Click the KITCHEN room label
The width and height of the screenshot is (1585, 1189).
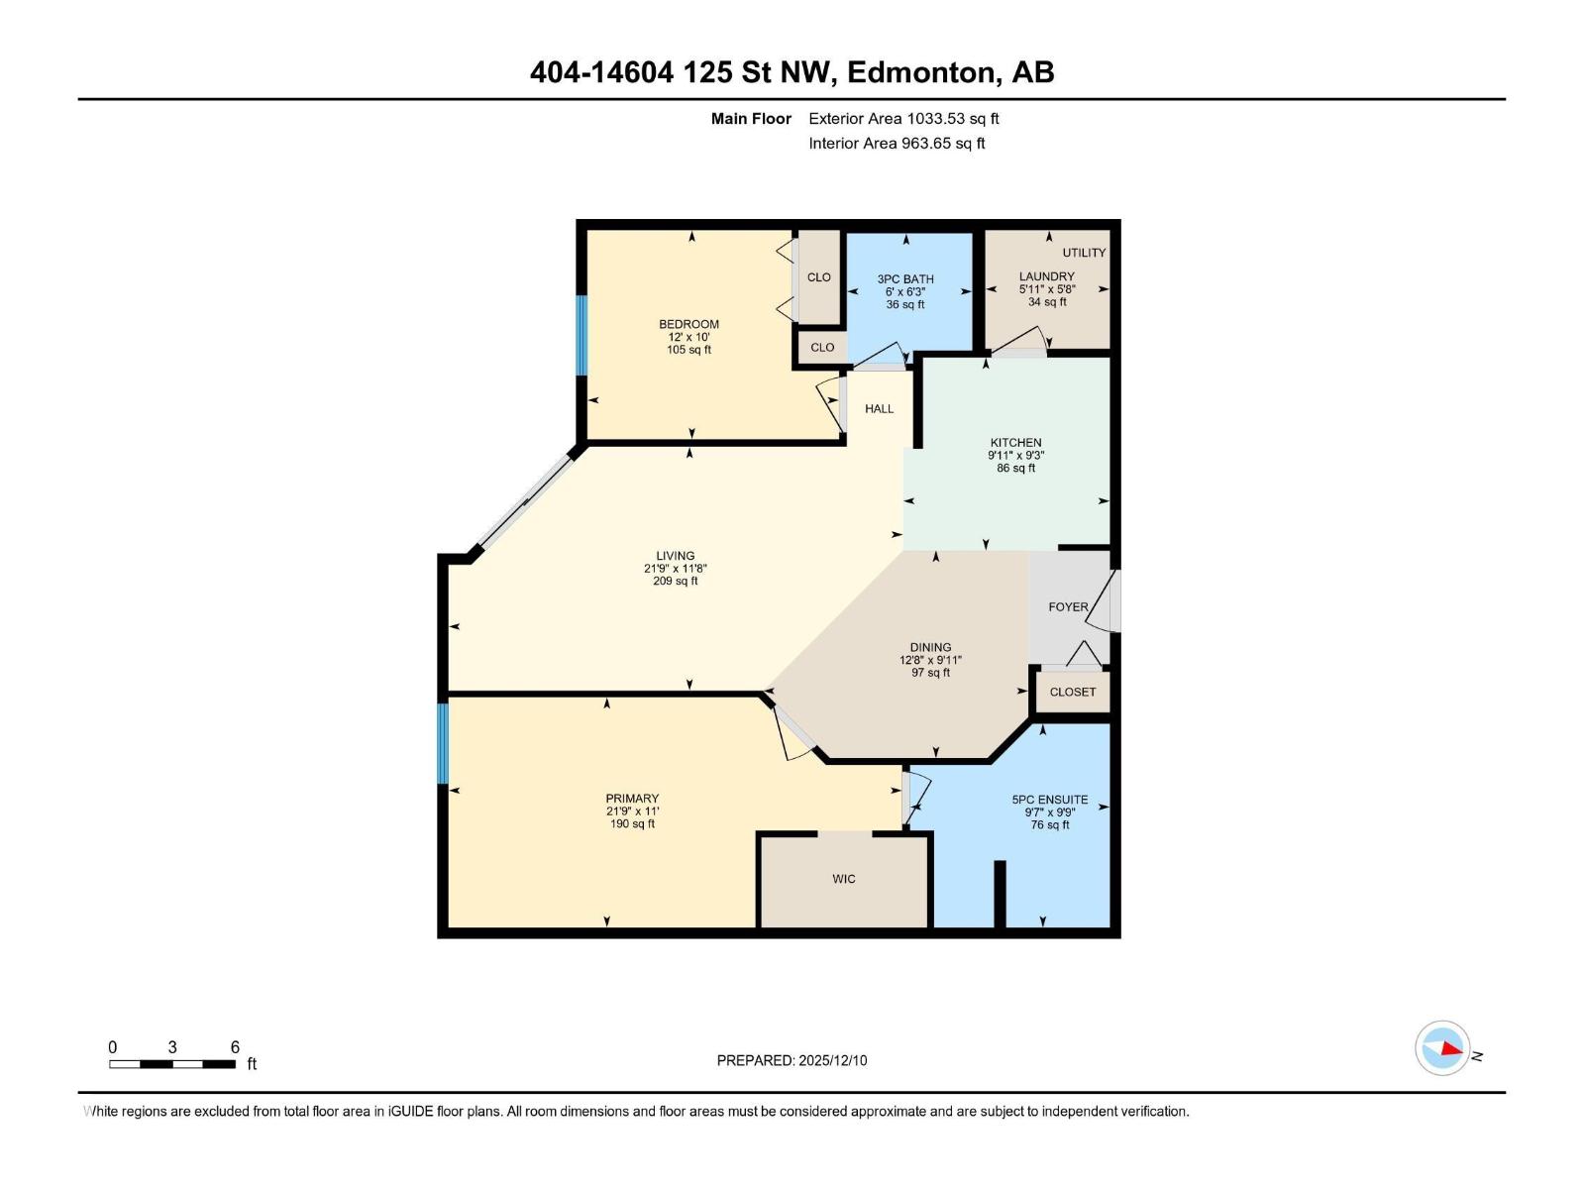pos(1015,443)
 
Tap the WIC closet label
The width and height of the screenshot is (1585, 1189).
pos(844,879)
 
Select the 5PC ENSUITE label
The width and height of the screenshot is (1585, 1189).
pos(1049,800)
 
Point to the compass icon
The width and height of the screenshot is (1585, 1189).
pos(1442,1048)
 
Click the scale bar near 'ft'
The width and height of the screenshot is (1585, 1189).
pos(172,1064)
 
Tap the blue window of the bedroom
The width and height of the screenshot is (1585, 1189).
pos(582,335)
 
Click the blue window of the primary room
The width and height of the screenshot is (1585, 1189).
pos(443,743)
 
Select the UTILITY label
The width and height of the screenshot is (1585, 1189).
pos(1084,253)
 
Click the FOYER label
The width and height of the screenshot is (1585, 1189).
pos(1068,606)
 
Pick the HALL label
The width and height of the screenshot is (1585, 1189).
pos(879,408)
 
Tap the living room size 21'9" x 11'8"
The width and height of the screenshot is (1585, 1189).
pos(675,569)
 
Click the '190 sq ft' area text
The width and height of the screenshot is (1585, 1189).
pos(632,823)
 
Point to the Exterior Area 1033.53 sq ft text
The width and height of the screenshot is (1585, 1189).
pos(903,119)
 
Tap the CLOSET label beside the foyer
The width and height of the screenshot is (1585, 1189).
pos(1073,692)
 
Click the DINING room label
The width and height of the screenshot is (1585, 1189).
pos(930,647)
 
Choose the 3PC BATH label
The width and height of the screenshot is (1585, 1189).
pos(905,279)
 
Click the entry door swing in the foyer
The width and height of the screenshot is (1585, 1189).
pos(1102,607)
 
